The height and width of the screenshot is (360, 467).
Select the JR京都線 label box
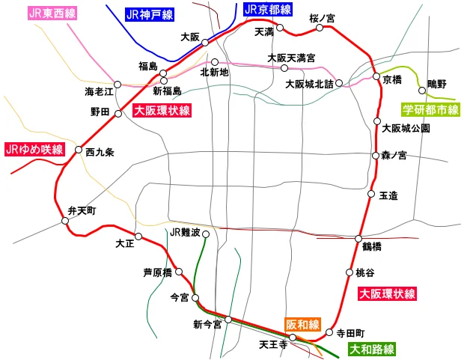point(267,10)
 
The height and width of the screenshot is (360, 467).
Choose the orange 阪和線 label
point(302,325)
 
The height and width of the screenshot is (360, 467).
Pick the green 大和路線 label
point(372,349)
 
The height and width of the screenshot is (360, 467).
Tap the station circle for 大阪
point(204,43)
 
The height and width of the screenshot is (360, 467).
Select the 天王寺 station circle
point(293,338)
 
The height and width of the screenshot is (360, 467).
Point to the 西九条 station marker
point(79,150)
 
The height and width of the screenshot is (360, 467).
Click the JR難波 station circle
point(206,233)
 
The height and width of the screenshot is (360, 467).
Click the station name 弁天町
point(82,210)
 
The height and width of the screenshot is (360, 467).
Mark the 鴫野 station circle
point(423,91)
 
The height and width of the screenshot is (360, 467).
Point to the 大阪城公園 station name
point(406,128)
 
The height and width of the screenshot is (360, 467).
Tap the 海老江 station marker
point(117,84)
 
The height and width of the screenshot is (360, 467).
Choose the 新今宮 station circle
point(229,320)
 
